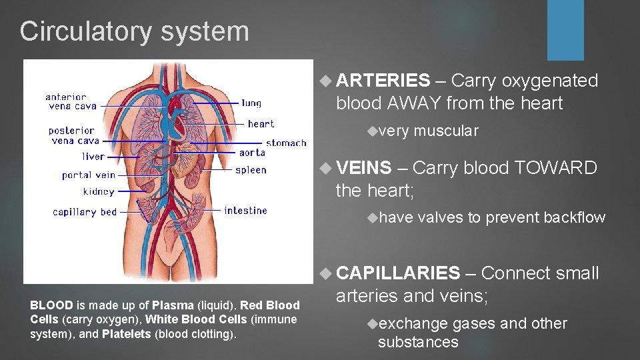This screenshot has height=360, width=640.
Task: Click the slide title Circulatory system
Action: click(x=134, y=31)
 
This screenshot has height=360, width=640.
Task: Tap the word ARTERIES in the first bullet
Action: click(x=383, y=81)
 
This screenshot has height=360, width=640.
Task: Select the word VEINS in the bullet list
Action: click(x=364, y=168)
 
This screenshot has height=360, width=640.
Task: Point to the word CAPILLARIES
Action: click(x=398, y=273)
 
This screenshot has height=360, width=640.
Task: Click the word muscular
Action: click(x=445, y=131)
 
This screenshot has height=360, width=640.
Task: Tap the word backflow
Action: click(x=574, y=217)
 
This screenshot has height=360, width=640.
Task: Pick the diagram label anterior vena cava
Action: click(x=71, y=101)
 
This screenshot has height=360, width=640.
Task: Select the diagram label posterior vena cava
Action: click(x=74, y=135)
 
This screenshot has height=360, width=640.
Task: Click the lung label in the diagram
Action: click(x=251, y=103)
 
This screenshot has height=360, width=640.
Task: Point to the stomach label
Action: click(x=286, y=143)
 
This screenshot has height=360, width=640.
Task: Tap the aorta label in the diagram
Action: click(x=252, y=153)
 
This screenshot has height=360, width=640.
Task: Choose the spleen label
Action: click(x=251, y=170)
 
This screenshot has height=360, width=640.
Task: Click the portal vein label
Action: click(x=89, y=175)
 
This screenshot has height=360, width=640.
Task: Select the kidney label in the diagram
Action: click(x=99, y=192)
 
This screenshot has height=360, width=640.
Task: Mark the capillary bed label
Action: click(x=85, y=212)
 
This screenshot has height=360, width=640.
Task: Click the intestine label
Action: click(x=245, y=211)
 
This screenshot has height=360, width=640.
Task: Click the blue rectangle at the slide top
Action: click(x=565, y=30)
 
